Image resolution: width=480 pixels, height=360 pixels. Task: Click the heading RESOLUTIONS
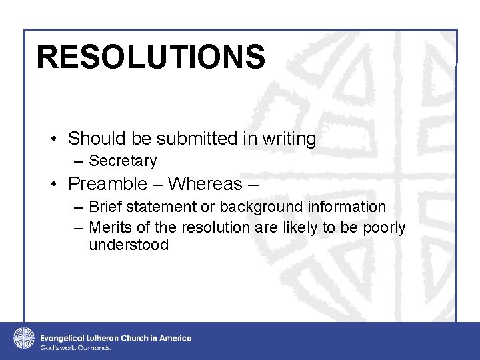tap(151, 57)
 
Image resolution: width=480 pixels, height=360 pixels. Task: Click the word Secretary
tap(123, 161)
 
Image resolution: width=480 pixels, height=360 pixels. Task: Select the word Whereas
tap(205, 183)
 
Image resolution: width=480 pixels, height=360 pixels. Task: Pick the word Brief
tap(107, 207)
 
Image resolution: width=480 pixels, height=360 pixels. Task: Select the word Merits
tap(112, 228)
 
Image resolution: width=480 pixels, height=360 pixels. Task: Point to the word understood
tap(129, 245)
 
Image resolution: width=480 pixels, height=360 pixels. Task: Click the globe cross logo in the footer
tap(23, 338)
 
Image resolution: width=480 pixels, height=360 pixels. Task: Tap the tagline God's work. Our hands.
tap(76, 348)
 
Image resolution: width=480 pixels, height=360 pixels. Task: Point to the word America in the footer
tap(175, 338)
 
